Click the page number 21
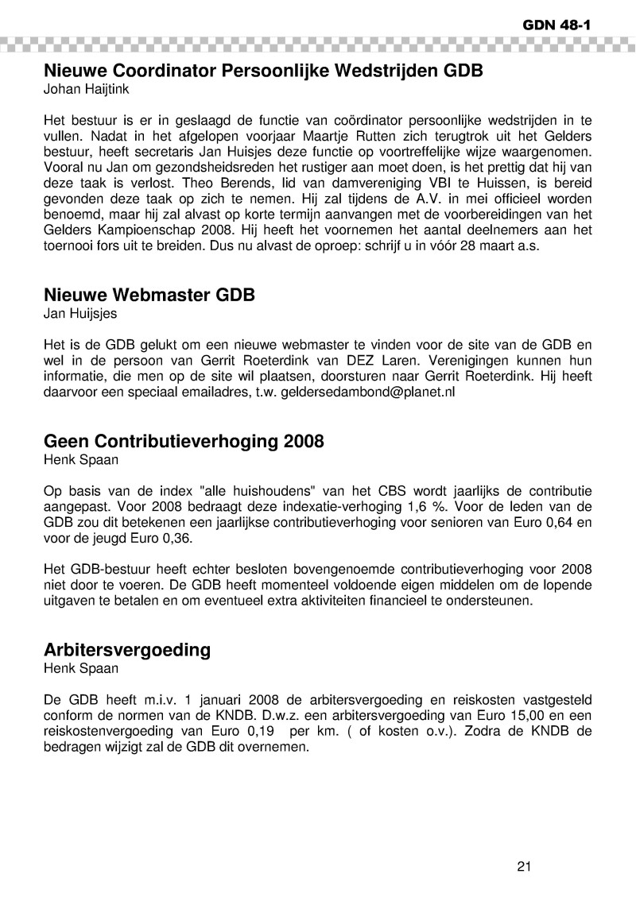[x=523, y=866]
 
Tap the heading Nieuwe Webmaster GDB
[x=149, y=296]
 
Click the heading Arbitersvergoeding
[x=127, y=649]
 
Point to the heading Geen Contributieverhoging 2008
[x=184, y=441]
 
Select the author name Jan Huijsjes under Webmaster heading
[x=80, y=314]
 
